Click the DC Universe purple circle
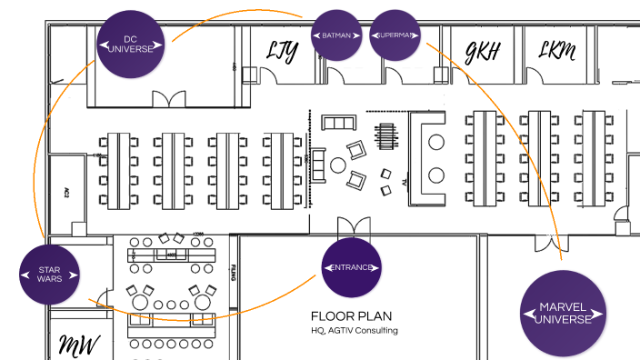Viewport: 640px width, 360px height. pos(132,45)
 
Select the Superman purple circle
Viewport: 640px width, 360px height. pos(395,35)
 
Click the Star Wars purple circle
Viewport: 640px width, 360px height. pos(50,274)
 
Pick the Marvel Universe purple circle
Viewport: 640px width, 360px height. pos(564,314)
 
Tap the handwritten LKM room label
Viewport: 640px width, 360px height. pos(556,52)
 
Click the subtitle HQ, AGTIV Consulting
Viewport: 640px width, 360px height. pos(355,331)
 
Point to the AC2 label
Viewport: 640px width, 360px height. pos(66,193)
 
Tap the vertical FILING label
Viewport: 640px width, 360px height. pos(234,273)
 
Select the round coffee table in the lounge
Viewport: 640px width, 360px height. pos(337,165)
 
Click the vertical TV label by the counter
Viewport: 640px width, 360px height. pos(403,183)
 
